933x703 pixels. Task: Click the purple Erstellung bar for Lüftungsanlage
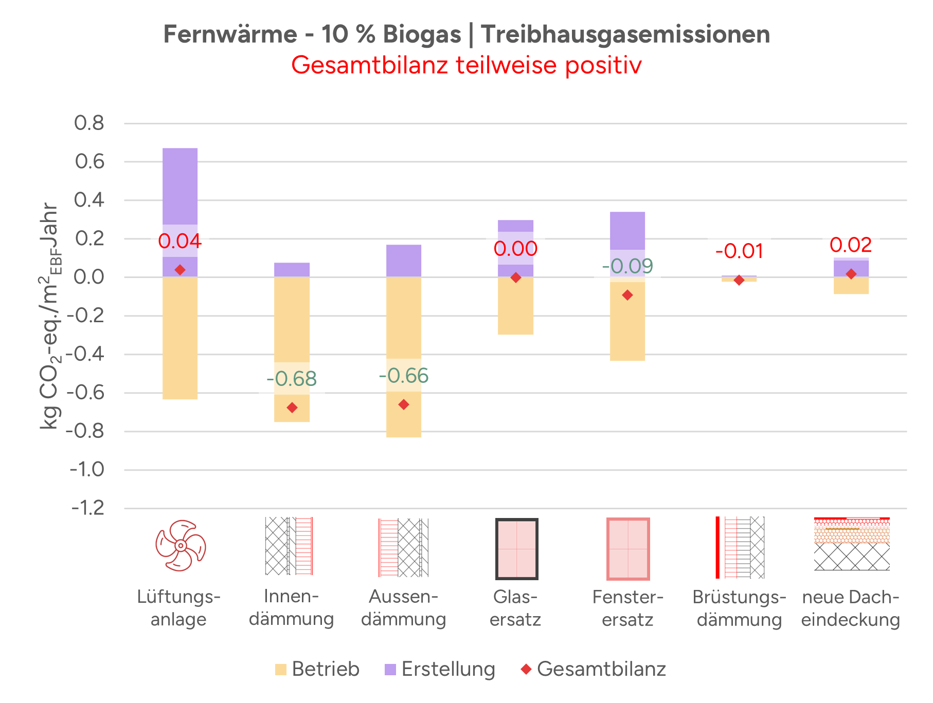(x=180, y=185)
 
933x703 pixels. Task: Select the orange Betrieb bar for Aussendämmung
(x=404, y=319)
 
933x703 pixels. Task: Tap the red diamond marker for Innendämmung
(x=292, y=408)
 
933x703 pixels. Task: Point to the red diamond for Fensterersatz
(x=627, y=295)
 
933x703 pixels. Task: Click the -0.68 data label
(x=292, y=379)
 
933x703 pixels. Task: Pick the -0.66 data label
(x=404, y=376)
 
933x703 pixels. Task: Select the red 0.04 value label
(x=180, y=240)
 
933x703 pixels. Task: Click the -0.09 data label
(x=627, y=266)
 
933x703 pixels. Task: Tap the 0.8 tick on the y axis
(x=89, y=123)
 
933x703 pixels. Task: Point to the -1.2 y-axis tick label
(x=87, y=508)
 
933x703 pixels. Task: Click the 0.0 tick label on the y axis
(x=89, y=277)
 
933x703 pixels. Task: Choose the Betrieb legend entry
(x=317, y=669)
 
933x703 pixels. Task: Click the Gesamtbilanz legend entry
(x=594, y=669)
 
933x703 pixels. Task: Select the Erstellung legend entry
(x=440, y=669)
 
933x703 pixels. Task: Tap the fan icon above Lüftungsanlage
(x=181, y=546)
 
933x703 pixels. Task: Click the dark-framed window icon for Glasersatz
(x=516, y=549)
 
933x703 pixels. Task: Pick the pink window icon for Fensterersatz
(x=628, y=549)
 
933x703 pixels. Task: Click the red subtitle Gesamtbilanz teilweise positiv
(x=466, y=65)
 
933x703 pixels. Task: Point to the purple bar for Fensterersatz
(x=627, y=230)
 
